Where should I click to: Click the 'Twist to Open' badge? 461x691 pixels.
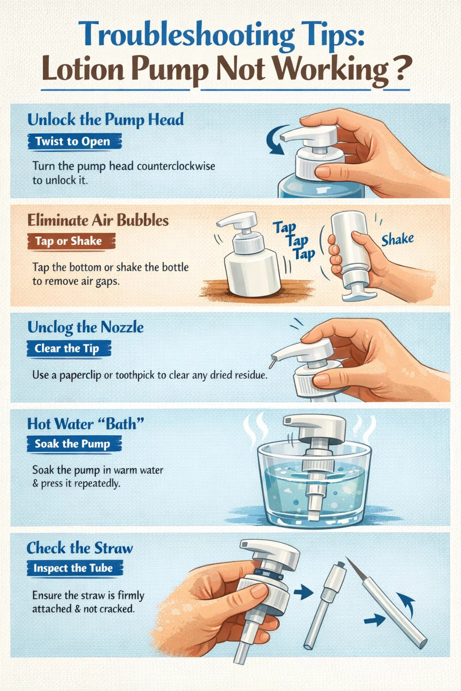tap(74, 141)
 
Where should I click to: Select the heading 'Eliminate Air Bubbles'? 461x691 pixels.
tap(98, 220)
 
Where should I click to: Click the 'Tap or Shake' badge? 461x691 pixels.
tap(70, 241)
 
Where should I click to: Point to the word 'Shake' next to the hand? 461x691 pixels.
tap(398, 239)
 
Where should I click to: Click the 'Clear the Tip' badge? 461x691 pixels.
tap(68, 349)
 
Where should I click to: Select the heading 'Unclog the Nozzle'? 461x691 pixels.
tap(86, 327)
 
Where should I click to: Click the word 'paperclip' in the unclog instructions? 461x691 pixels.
tap(80, 375)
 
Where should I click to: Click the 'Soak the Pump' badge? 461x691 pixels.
tap(73, 444)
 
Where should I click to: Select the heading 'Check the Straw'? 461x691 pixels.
tap(80, 548)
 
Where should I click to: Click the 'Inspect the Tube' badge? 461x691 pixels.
tap(74, 568)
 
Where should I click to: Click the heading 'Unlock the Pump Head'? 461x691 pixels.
tap(105, 120)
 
